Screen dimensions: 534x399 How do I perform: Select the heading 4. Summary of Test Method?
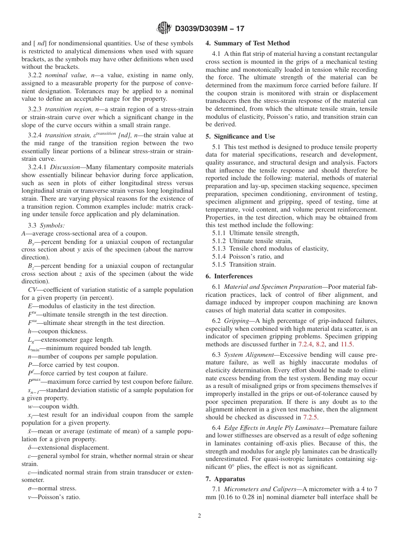[x=247, y=43]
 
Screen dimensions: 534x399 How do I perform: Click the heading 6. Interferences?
[x=229, y=276]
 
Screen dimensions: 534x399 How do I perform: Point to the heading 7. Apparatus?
[x=225, y=479]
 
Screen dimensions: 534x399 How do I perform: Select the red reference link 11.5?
[x=346, y=345]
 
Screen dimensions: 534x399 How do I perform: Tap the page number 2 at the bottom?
[x=199, y=516]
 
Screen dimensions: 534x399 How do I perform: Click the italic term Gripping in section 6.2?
[x=236, y=320]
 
